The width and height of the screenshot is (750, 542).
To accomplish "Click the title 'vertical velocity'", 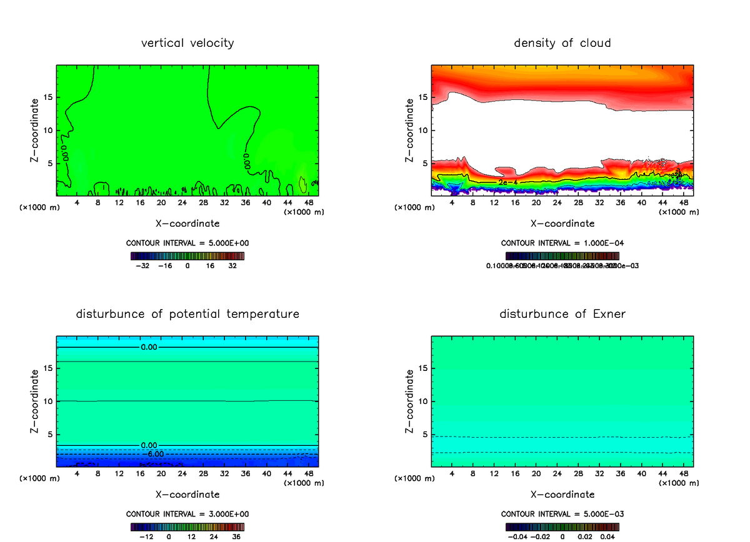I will click(x=187, y=43).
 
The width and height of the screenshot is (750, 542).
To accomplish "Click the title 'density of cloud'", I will click(x=562, y=43).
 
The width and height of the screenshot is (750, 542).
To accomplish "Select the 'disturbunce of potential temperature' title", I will click(x=187, y=313).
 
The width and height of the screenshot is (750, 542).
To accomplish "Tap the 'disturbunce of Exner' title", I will click(x=562, y=313).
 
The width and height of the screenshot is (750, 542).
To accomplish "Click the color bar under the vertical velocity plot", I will click(x=187, y=255).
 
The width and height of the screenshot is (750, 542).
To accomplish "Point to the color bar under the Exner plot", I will click(x=562, y=526).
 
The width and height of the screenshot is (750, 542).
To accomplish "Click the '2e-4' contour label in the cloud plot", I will click(x=507, y=182).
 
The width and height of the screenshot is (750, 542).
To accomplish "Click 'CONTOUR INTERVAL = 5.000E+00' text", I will click(x=187, y=243).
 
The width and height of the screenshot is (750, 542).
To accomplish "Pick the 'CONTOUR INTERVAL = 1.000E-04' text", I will click(x=562, y=243).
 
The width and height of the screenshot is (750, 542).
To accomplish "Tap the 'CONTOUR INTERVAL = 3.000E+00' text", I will click(x=187, y=514).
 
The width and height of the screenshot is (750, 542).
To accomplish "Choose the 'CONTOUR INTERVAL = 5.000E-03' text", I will click(x=562, y=514).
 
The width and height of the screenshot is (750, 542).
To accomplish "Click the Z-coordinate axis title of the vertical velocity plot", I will click(x=35, y=130).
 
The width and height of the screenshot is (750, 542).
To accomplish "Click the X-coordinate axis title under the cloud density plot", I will click(x=562, y=223).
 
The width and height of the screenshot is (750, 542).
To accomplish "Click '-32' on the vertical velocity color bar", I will click(x=144, y=265).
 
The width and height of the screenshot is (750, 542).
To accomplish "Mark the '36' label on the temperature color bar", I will click(x=237, y=536).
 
